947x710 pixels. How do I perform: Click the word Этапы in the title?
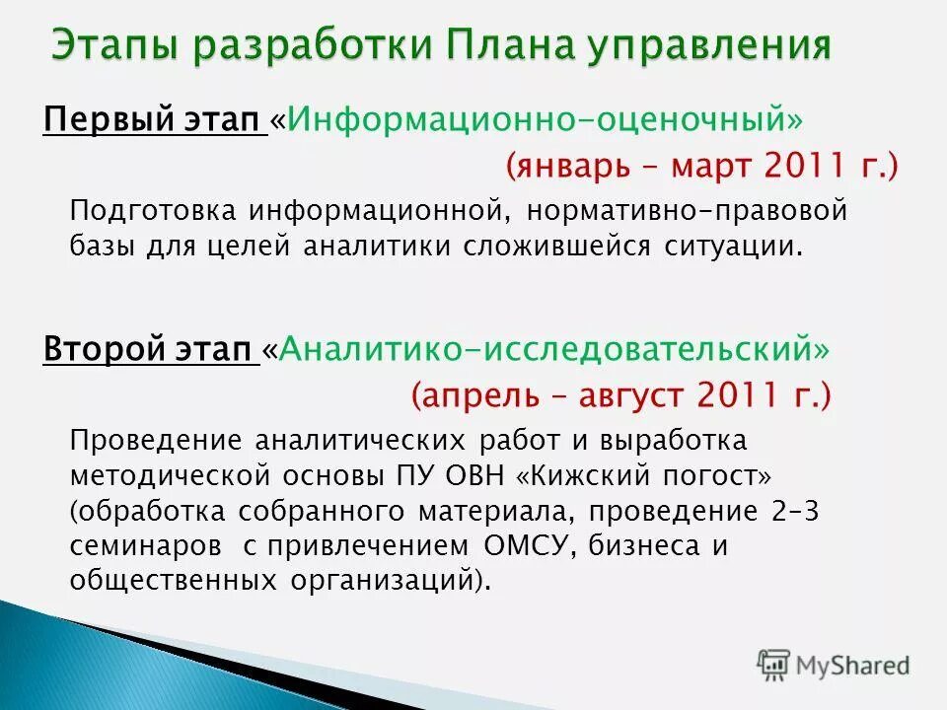pyautogui.click(x=117, y=45)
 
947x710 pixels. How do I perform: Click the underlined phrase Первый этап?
pyautogui.click(x=154, y=120)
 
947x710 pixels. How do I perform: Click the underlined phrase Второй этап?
pyautogui.click(x=150, y=349)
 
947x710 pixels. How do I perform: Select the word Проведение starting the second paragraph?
pyautogui.click(x=154, y=440)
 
